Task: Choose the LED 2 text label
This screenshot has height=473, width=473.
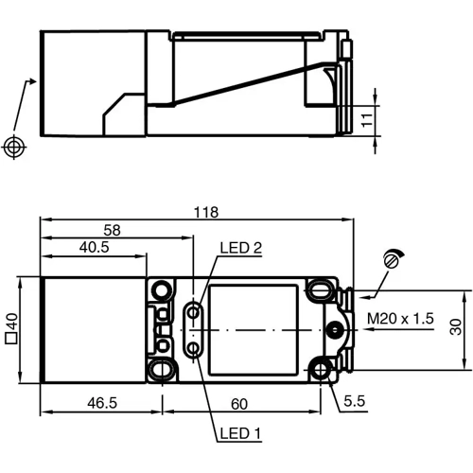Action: (240, 249)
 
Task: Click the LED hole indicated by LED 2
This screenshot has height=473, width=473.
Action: (193, 310)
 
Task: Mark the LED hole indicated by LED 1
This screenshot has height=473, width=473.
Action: (193, 349)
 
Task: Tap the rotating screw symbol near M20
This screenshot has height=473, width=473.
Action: (394, 258)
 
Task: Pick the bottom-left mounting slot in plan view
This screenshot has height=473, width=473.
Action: (162, 369)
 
